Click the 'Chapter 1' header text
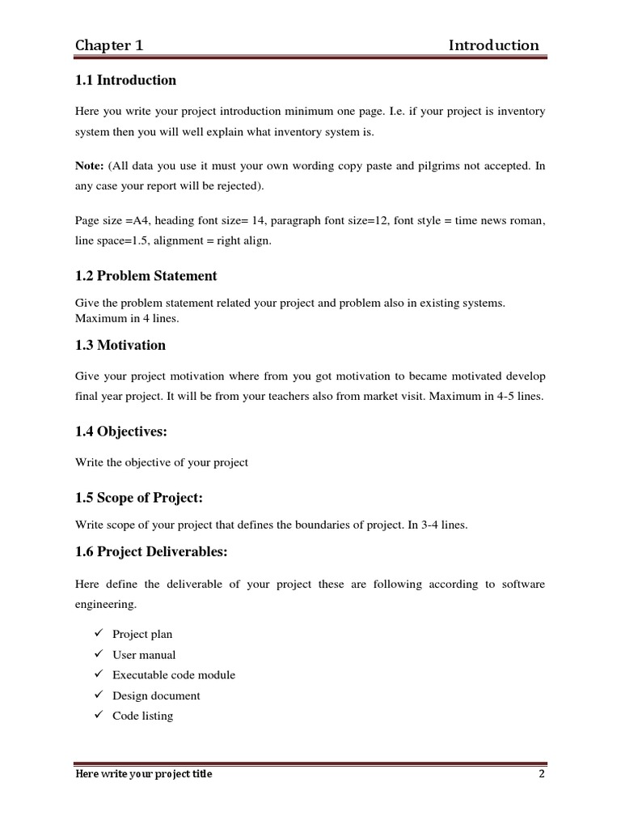click(x=109, y=45)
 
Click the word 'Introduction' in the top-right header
click(x=493, y=45)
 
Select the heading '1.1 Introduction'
click(x=125, y=80)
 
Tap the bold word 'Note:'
click(x=89, y=165)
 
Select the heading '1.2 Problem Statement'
click(x=146, y=276)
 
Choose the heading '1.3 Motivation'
click(x=120, y=345)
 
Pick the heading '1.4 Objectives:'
click(x=120, y=432)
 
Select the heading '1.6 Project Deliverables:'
click(x=151, y=553)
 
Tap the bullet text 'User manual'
click(x=144, y=655)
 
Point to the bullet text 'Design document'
click(x=156, y=695)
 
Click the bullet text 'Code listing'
click(x=142, y=716)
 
